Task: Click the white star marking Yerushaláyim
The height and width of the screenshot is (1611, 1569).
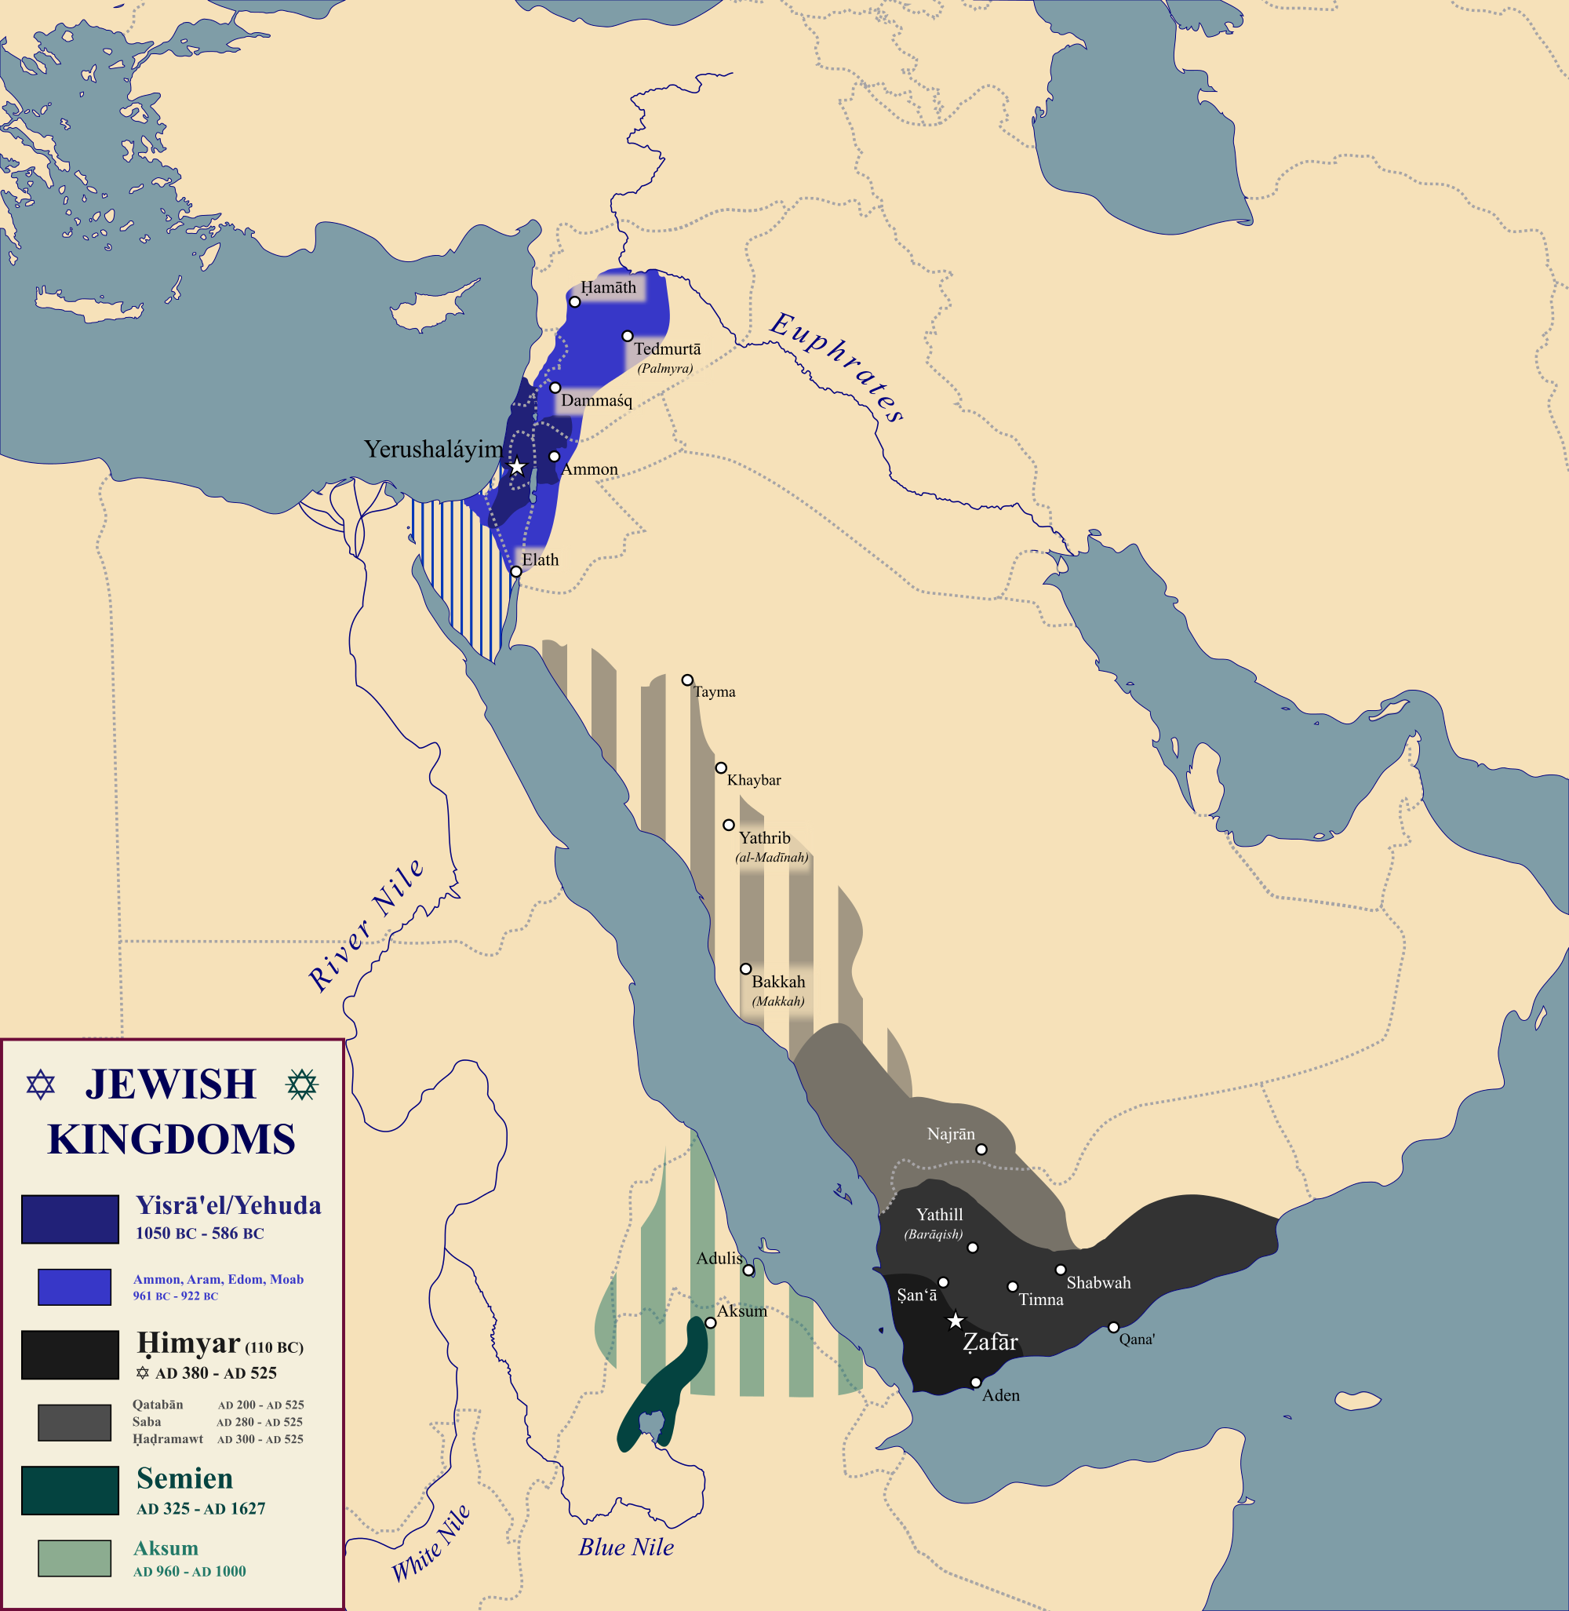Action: click(x=517, y=467)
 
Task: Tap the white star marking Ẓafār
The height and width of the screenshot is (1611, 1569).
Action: click(x=955, y=1321)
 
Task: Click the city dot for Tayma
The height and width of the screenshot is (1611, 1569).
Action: click(x=687, y=680)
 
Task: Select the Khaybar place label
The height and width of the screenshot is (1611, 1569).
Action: click(x=753, y=780)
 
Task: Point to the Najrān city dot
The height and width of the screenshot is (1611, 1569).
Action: click(x=981, y=1149)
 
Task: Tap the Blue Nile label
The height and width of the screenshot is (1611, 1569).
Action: click(x=626, y=1547)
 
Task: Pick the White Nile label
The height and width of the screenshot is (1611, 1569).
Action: click(x=431, y=1543)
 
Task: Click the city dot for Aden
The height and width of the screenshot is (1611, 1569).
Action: click(x=976, y=1383)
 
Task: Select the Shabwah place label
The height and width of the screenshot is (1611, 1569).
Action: click(x=1098, y=1283)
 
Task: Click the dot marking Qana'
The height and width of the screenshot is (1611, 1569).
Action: click(x=1113, y=1328)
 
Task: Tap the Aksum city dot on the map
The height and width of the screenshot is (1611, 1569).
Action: click(x=710, y=1323)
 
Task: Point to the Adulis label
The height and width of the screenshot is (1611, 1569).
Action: click(x=719, y=1258)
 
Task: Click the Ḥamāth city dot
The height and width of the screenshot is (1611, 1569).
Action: click(x=575, y=302)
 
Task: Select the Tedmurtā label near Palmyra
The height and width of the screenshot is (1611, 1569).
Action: click(x=668, y=348)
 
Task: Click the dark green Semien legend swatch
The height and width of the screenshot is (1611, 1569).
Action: click(x=70, y=1491)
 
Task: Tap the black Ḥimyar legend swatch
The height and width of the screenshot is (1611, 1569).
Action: click(x=70, y=1354)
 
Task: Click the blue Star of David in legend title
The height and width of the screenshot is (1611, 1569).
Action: click(x=40, y=1084)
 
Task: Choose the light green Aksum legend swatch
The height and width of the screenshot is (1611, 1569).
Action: click(x=75, y=1558)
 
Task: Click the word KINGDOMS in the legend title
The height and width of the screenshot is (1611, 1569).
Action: click(x=171, y=1139)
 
